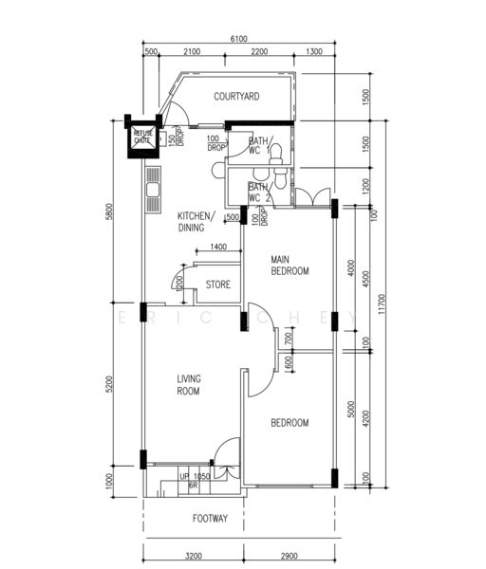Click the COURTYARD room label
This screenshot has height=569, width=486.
pos(236,97)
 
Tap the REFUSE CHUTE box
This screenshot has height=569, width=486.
pos(142,137)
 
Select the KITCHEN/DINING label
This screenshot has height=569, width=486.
pos(196,222)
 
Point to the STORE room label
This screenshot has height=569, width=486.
pos(218,284)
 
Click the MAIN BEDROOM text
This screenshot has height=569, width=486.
pos(290,266)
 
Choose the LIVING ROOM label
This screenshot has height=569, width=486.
pos(189,384)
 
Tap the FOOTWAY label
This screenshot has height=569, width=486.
pos(209,519)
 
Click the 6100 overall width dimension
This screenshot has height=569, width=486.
pos(239,39)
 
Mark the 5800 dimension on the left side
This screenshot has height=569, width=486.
pos(111,211)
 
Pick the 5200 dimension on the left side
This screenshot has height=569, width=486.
pos(111,384)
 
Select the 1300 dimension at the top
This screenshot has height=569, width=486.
pos(315,51)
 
